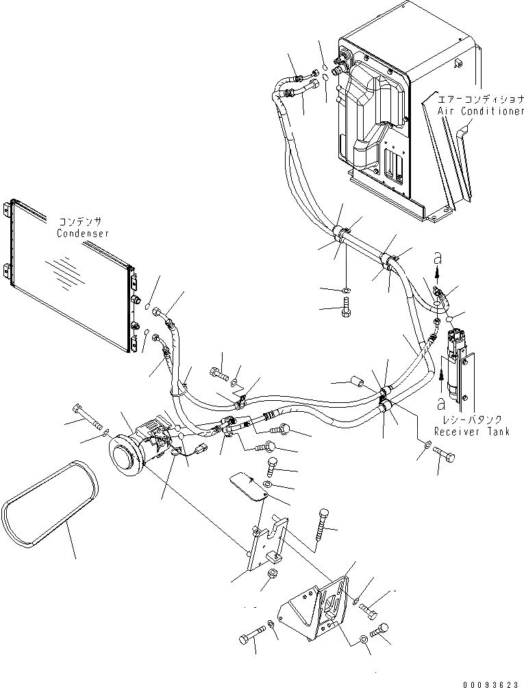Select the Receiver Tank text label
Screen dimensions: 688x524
[471, 432]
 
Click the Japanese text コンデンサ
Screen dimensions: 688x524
[81, 222]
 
